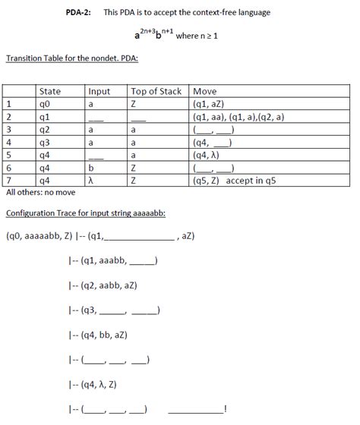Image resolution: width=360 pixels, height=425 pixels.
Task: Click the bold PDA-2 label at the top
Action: coord(78,13)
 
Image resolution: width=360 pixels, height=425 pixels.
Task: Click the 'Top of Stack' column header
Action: coord(156,92)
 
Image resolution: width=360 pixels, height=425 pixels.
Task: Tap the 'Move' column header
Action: coord(207,92)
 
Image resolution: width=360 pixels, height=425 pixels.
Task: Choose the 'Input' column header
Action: coord(99,92)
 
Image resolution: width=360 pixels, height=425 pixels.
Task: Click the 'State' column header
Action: coord(49,92)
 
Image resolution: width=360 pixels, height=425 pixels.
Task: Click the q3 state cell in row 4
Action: coord(44,143)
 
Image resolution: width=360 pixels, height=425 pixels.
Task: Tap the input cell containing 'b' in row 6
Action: coord(90,168)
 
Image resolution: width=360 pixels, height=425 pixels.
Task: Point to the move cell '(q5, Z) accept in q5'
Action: coord(238,181)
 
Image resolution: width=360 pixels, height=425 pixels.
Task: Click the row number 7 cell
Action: coord(9,181)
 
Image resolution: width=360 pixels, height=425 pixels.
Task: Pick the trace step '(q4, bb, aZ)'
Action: coord(109,334)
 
